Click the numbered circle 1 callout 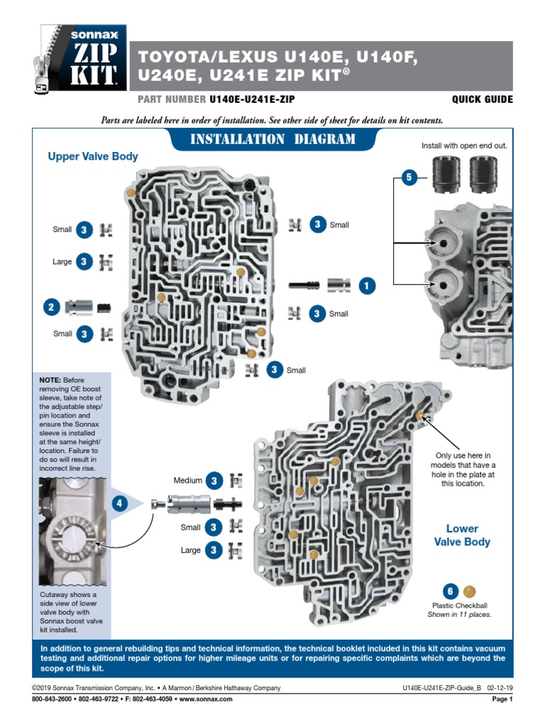[366, 285]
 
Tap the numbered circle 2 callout [51, 307]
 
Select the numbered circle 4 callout [120, 504]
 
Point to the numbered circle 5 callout [408, 178]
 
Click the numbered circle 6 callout [449, 591]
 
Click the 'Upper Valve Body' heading [92, 156]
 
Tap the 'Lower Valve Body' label [462, 535]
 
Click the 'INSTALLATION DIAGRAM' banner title [273, 139]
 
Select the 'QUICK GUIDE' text [482, 100]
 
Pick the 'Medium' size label [188, 481]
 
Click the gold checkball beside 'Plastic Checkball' [469, 591]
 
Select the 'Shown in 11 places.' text [459, 615]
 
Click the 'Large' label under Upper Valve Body [62, 262]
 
